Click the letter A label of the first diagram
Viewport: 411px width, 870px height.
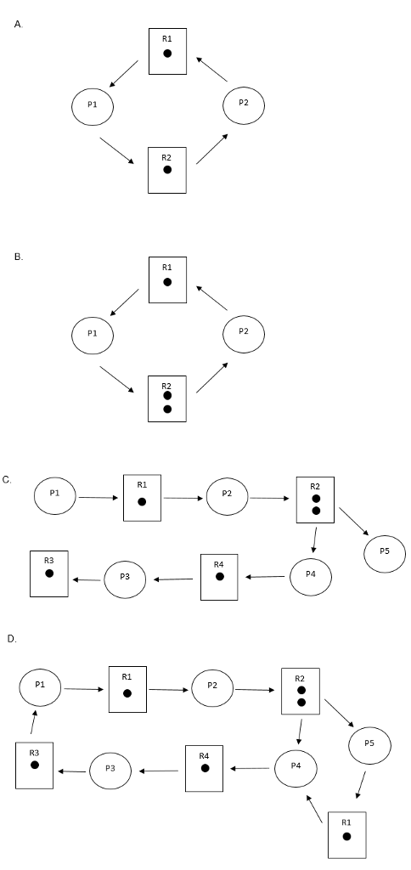tap(18, 25)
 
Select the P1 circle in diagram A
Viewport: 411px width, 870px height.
tap(93, 106)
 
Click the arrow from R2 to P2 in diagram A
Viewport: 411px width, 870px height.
tap(211, 148)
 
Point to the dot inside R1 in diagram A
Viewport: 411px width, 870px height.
tap(167, 54)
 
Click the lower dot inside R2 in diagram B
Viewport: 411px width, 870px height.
tap(167, 409)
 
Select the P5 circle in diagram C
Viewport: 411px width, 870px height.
tap(385, 553)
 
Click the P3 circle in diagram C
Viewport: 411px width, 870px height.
tap(125, 579)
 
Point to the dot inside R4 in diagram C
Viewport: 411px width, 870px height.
tap(219, 576)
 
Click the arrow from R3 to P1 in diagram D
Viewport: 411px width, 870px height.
tap(32, 721)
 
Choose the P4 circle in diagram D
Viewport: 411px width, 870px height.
tap(296, 767)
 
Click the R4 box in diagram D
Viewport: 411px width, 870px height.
tap(205, 767)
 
